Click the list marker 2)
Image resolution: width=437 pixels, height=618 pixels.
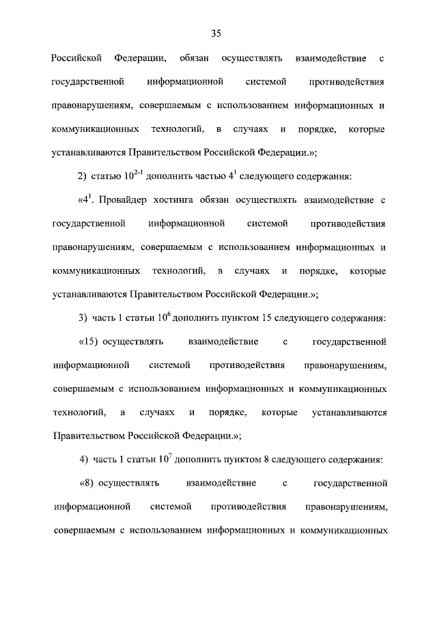pos(81,177)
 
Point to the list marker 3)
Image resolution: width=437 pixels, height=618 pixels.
pos(82,318)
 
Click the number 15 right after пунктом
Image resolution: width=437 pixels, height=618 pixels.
pos(277,318)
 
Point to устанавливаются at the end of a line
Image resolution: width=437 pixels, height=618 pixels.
pos(350,412)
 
